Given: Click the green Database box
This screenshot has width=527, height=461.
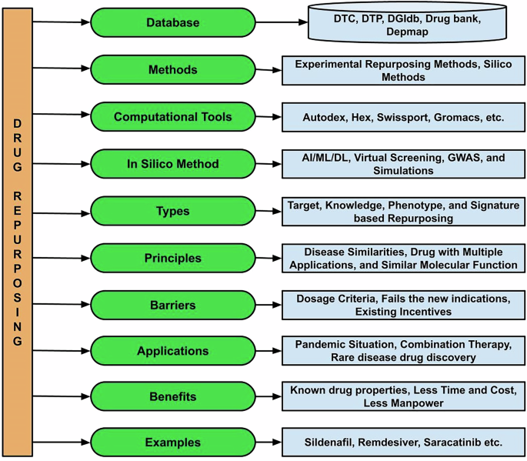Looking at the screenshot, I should click(172, 23).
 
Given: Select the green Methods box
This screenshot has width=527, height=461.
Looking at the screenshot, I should click(172, 70).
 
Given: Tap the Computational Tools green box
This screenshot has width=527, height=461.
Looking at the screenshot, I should click(172, 117).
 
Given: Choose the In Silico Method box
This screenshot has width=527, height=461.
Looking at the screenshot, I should click(172, 163).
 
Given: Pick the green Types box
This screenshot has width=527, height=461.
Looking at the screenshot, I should click(172, 210).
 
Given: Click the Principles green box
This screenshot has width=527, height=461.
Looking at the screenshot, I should click(172, 257).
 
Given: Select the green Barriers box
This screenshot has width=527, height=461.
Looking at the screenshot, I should click(172, 304).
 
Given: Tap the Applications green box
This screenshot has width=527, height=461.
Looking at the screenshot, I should click(172, 351).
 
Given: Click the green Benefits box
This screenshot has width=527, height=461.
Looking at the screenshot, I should click(172, 396).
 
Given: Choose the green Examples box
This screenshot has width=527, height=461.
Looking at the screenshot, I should click(172, 443).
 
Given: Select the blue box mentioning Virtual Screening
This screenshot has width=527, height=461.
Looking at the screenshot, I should click(403, 164).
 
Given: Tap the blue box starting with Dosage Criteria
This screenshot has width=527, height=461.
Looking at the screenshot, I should click(403, 304).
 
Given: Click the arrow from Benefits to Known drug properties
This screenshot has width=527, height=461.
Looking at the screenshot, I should click(268, 398).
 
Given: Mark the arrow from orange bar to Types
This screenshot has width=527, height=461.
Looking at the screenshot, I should click(62, 209).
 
